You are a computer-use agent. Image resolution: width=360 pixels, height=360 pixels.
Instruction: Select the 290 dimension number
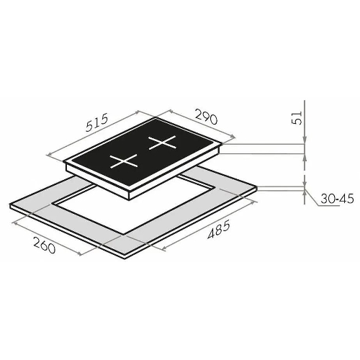207,117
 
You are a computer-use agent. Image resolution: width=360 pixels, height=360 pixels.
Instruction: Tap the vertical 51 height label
297,118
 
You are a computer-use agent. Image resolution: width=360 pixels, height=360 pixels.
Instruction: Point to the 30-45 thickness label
337,199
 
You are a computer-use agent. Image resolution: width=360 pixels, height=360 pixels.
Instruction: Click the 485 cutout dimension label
219,230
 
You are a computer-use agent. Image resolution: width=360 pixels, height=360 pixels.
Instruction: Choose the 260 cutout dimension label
45,245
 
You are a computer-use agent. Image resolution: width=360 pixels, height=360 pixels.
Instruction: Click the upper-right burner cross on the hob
162,143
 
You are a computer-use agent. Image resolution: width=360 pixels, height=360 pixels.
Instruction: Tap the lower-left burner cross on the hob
124,161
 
